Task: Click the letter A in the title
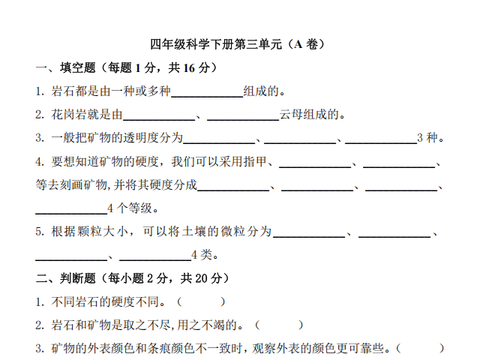(x=298, y=44)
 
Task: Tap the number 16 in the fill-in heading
(x=189, y=68)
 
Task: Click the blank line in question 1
(x=207, y=97)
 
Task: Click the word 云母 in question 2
(x=291, y=115)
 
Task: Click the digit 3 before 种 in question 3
(x=420, y=138)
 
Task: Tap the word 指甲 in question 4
(x=255, y=161)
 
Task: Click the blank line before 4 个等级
(x=71, y=213)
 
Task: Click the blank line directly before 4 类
(x=155, y=260)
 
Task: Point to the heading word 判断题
(x=78, y=278)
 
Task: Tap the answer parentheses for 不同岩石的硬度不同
(x=201, y=301)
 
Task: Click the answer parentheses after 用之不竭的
(x=279, y=325)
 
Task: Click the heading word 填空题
(x=78, y=67)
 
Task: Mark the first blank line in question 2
(x=159, y=120)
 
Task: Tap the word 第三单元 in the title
(x=258, y=44)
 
